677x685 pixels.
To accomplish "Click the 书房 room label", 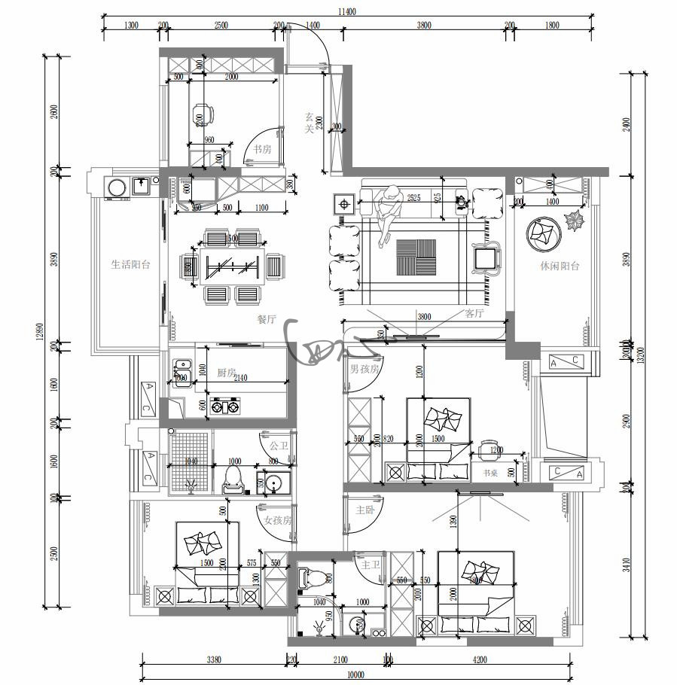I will [x=262, y=149].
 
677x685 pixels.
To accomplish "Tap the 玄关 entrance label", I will [x=309, y=123].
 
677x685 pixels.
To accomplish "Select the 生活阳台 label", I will [x=130, y=264].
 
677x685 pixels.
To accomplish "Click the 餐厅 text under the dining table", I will [x=267, y=319].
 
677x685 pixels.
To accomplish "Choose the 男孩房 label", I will [x=364, y=370].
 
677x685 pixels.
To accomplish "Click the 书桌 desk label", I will [x=492, y=473].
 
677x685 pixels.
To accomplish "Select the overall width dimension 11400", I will [x=347, y=11].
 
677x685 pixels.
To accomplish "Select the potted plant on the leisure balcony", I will [x=576, y=222].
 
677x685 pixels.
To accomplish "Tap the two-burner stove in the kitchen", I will [x=226, y=407].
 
